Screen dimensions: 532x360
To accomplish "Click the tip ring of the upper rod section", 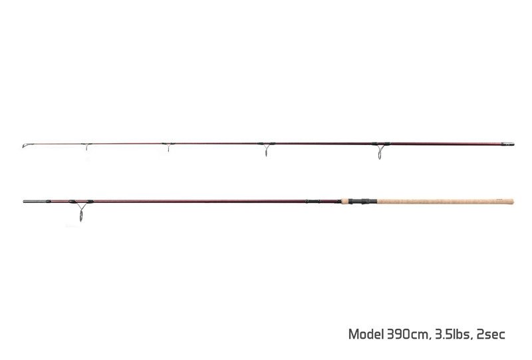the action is (25, 146).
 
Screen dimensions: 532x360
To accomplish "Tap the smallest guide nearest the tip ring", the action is (86, 146).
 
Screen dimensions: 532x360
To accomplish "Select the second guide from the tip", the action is (168, 146).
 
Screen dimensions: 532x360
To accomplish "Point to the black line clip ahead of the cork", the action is (312, 201).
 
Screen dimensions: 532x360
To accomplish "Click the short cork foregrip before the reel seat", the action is (345, 201).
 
